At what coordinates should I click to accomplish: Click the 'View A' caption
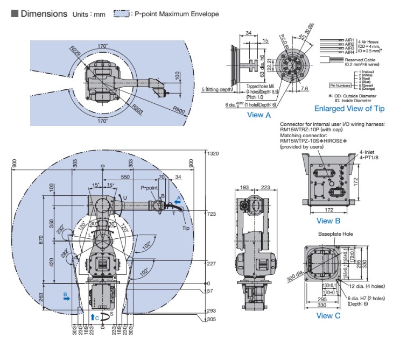coord(258,114)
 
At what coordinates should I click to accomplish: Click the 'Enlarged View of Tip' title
coord(349,109)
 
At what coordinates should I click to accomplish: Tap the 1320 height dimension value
coord(213,153)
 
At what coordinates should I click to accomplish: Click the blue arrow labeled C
coord(93,317)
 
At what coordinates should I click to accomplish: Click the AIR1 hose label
coord(349,40)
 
